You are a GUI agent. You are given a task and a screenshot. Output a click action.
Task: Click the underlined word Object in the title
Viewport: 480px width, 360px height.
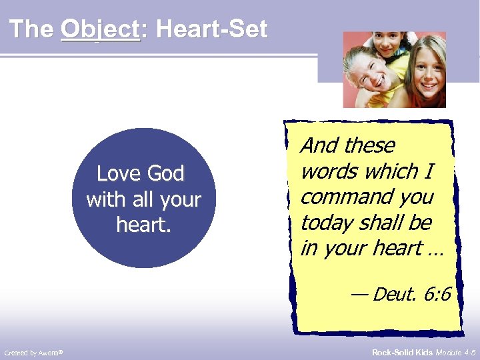point(100,29)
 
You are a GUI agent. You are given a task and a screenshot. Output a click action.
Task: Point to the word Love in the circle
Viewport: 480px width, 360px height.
point(117,174)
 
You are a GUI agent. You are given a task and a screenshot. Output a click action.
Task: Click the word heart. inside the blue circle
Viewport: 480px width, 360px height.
point(143,225)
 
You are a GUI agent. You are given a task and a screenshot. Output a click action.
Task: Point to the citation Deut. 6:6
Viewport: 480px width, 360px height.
point(411,293)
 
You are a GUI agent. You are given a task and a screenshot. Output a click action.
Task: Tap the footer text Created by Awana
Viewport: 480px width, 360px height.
point(33,352)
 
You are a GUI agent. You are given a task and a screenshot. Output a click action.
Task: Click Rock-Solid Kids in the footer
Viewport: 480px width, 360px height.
point(402,352)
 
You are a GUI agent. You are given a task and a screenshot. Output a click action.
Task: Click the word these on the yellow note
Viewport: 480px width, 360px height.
point(370,146)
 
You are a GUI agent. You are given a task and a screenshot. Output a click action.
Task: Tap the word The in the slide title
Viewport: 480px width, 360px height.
point(32,29)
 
